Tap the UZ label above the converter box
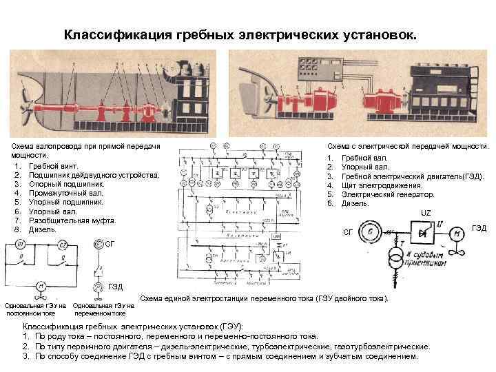[x=426, y=214]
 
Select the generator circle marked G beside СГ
[x=372, y=232]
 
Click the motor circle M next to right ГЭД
[x=456, y=234]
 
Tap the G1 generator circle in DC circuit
[x=21, y=245]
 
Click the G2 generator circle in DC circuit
[x=63, y=245]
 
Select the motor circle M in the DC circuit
[x=41, y=286]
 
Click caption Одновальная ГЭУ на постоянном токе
[x=34, y=309]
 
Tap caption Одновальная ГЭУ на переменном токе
[x=103, y=309]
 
